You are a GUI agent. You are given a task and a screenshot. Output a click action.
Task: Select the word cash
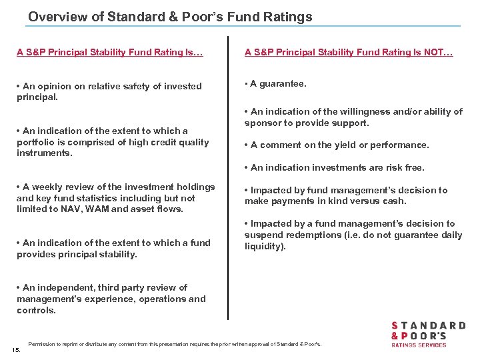(x=394, y=201)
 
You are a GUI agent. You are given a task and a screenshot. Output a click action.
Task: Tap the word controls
(x=36, y=311)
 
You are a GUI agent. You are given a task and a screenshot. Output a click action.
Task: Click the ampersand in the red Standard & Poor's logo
(x=395, y=336)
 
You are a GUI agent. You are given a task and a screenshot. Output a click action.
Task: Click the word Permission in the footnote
(x=41, y=344)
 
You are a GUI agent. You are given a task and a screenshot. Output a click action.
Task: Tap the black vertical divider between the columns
(x=228, y=180)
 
